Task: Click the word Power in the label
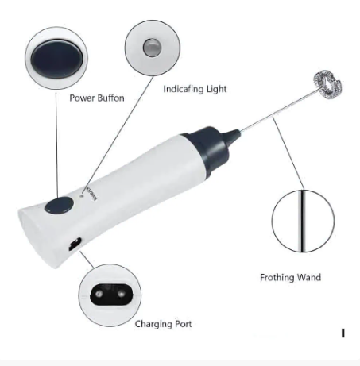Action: [x=83, y=98]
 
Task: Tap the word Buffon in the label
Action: [x=110, y=98]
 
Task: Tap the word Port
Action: [x=181, y=324]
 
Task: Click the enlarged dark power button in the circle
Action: [x=56, y=59]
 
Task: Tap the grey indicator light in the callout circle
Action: [x=152, y=48]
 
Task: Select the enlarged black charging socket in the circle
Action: [x=111, y=295]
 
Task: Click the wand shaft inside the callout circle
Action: [x=303, y=221]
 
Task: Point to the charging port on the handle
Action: [x=75, y=245]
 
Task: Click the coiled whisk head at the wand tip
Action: [x=327, y=85]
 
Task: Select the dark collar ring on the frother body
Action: [x=208, y=149]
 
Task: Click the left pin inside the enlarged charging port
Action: [x=99, y=294]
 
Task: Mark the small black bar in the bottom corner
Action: [x=343, y=333]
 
